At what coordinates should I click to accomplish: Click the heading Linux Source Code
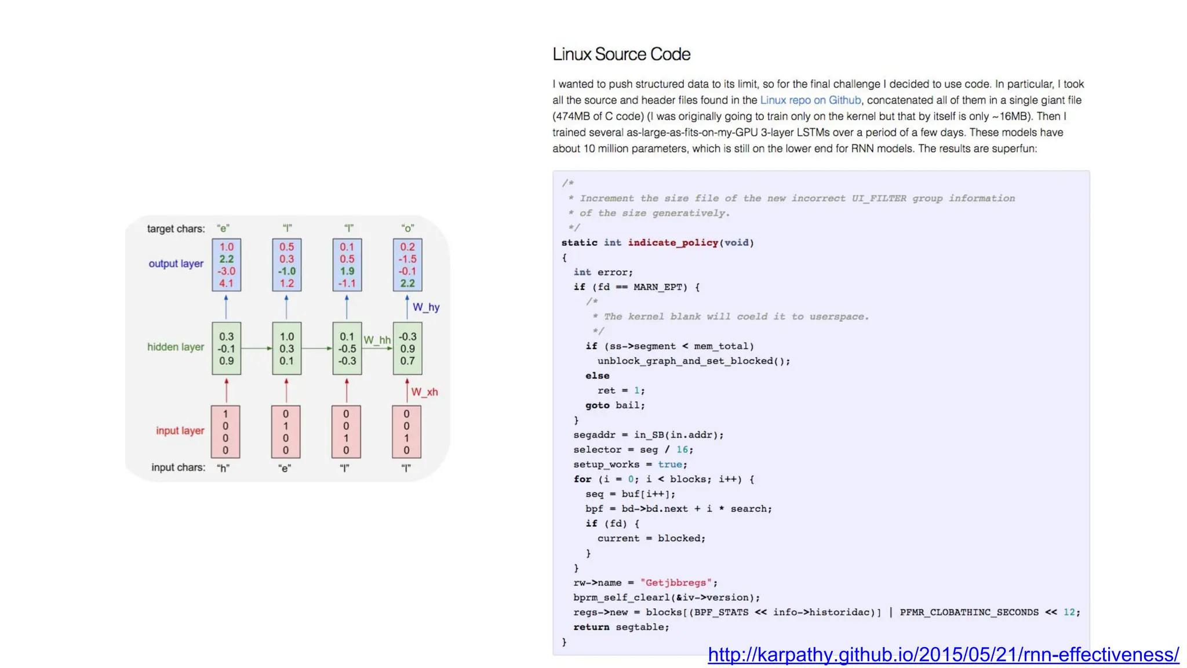(x=621, y=55)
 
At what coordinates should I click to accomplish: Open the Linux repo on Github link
(x=810, y=100)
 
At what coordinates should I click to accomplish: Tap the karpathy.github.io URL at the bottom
(x=943, y=655)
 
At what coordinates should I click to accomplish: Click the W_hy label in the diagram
(x=426, y=307)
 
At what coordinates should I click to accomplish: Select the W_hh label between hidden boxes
(x=377, y=340)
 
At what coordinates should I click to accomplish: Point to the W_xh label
(x=424, y=393)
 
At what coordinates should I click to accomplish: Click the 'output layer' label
(x=176, y=264)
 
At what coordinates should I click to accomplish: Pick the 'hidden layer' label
(x=176, y=347)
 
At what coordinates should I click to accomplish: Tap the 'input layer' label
(x=180, y=431)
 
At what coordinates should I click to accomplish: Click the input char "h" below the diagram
(x=224, y=469)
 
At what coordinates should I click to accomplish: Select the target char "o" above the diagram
(x=407, y=228)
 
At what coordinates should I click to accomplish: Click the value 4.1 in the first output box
(x=226, y=284)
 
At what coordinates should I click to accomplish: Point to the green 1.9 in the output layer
(x=347, y=271)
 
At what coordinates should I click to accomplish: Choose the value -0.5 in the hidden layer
(x=347, y=349)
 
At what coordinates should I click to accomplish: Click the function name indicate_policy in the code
(x=673, y=243)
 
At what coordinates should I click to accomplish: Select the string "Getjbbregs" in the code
(x=676, y=583)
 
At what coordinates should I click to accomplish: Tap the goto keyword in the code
(x=597, y=405)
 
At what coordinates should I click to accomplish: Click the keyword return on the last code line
(x=591, y=627)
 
